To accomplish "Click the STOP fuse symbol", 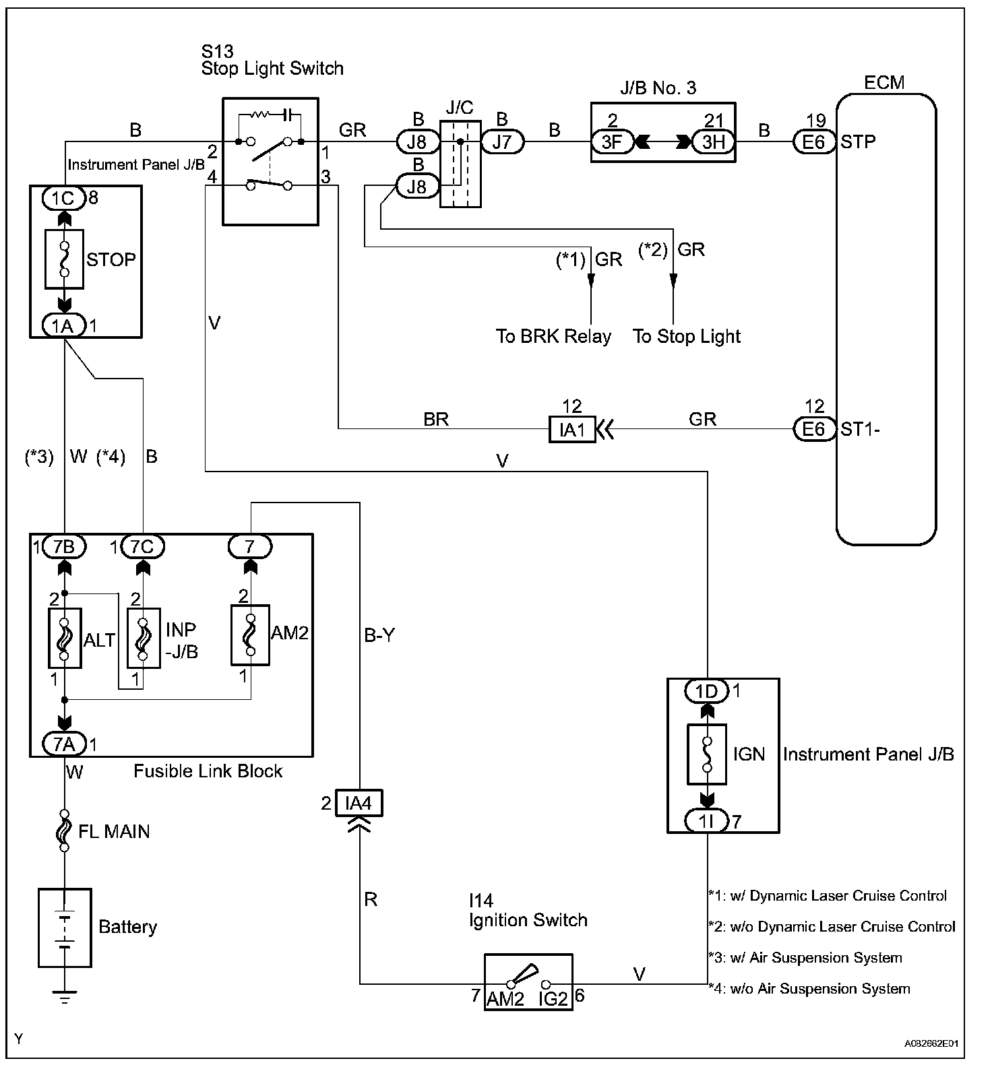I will point(64,259).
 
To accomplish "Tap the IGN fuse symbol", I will point(707,754).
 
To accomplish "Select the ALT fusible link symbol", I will point(65,639).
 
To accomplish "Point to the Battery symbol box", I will point(65,928).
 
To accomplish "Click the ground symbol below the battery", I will point(65,998).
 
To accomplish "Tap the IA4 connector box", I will point(358,804).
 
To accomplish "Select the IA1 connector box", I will point(572,429).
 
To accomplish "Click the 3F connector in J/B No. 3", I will point(611,143).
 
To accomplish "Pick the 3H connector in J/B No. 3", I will point(713,143).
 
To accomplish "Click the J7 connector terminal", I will point(502,143).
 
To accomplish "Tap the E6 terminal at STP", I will point(813,143).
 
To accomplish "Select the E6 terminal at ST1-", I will point(813,429).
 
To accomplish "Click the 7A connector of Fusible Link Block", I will point(64,744).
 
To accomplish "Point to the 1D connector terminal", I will point(706,691).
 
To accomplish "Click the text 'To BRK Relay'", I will point(553,336).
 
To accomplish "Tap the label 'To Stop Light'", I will point(686,336).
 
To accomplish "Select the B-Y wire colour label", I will point(379,635).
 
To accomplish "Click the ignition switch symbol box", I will point(528,981).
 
